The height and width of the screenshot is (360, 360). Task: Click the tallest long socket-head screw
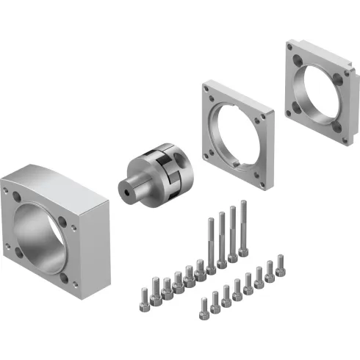click(x=243, y=228)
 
